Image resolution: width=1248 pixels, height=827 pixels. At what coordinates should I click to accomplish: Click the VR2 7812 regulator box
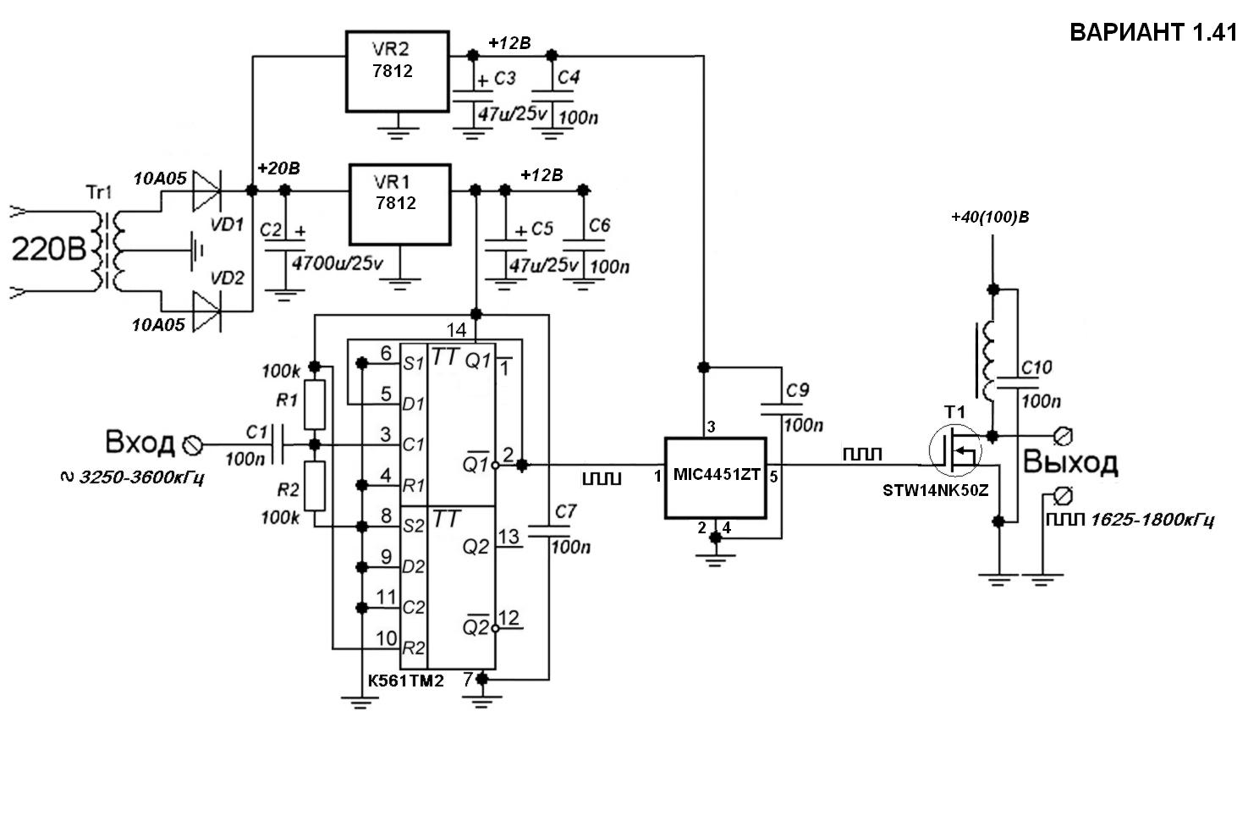397,71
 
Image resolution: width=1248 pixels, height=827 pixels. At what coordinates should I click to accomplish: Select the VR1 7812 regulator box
400,205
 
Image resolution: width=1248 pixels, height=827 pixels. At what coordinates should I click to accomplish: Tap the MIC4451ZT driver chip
716,478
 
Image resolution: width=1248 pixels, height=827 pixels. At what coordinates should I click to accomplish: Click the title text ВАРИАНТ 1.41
1152,32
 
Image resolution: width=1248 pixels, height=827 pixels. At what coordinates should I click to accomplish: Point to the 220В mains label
49,249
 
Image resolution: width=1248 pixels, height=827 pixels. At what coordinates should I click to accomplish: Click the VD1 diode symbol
206,191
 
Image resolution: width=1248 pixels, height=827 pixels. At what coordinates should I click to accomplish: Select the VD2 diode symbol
206,312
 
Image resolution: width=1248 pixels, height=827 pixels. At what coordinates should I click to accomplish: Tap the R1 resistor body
315,405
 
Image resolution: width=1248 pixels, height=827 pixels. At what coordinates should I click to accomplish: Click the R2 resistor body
315,486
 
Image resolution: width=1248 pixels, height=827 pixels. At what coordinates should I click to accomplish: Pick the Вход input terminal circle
193,444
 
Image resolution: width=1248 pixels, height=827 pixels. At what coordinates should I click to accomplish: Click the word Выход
1070,462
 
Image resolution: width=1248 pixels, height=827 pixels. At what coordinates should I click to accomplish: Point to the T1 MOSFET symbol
955,450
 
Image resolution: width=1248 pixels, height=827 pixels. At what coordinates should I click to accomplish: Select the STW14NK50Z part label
936,490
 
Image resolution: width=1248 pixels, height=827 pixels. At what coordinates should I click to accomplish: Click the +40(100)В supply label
990,217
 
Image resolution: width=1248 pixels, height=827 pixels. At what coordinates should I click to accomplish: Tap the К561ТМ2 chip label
405,681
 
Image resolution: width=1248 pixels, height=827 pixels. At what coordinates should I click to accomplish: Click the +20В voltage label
278,168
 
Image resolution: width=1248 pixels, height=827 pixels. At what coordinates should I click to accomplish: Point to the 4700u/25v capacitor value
338,263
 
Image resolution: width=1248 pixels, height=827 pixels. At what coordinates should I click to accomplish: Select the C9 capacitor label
797,390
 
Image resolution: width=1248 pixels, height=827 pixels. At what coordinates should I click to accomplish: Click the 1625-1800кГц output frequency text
1152,520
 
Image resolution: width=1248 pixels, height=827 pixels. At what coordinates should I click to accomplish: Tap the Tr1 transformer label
99,192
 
